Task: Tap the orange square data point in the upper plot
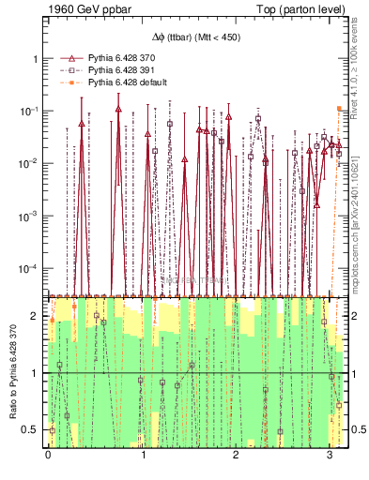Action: click(x=340, y=109)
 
